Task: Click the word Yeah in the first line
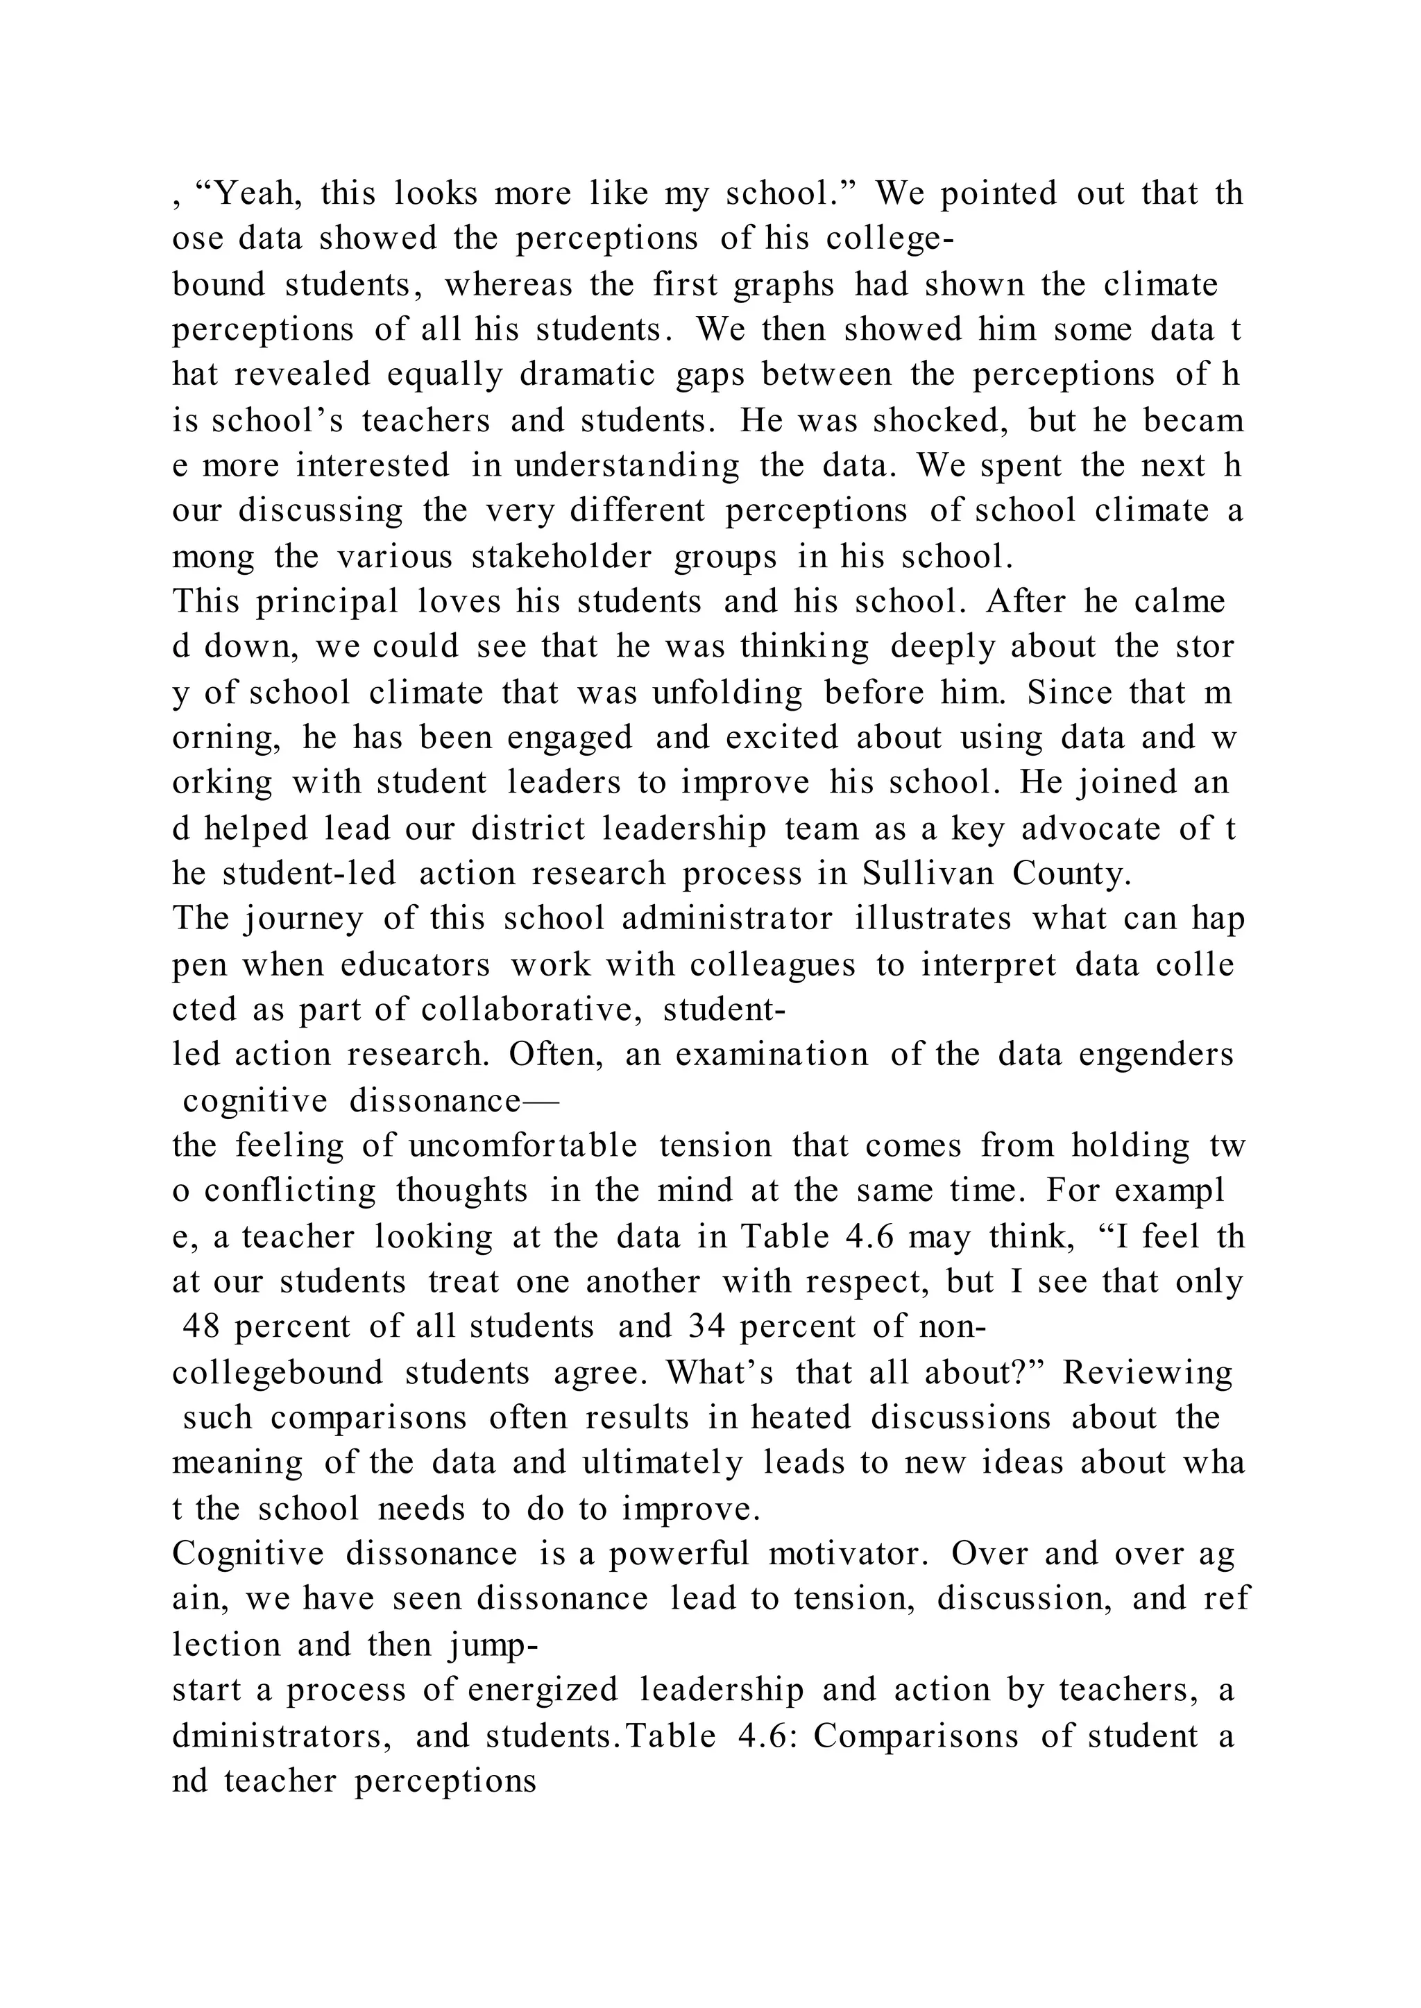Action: [258, 193]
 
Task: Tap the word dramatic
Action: [587, 375]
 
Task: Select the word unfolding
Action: [727, 693]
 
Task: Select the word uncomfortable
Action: [522, 1145]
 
